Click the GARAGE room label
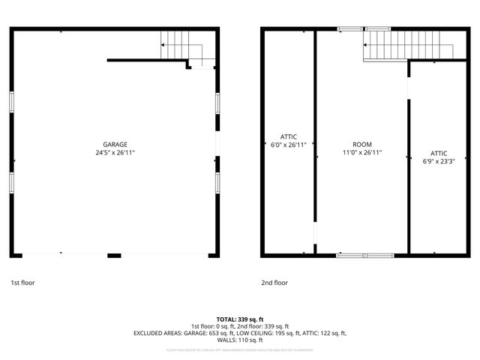(115, 145)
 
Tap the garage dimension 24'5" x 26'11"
(115, 153)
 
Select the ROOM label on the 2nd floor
(361, 145)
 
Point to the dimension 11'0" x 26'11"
(361, 153)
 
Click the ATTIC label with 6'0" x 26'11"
(289, 136)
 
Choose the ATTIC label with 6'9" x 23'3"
(439, 153)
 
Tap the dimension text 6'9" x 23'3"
(439, 161)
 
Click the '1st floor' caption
(22, 283)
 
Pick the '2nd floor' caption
(274, 283)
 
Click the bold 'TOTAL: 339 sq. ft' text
(240, 319)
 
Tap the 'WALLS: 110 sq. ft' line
(240, 340)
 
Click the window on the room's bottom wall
(364, 256)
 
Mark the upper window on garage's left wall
(11, 102)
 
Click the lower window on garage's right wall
(217, 182)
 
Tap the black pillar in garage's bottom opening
(114, 256)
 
